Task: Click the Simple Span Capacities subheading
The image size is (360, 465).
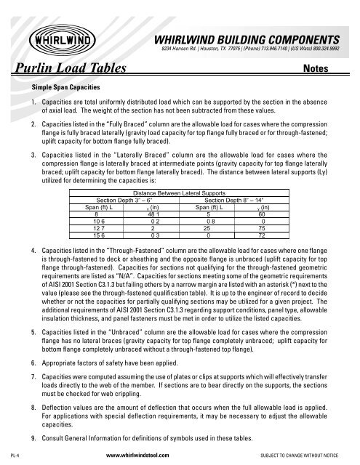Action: (x=60, y=86)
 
